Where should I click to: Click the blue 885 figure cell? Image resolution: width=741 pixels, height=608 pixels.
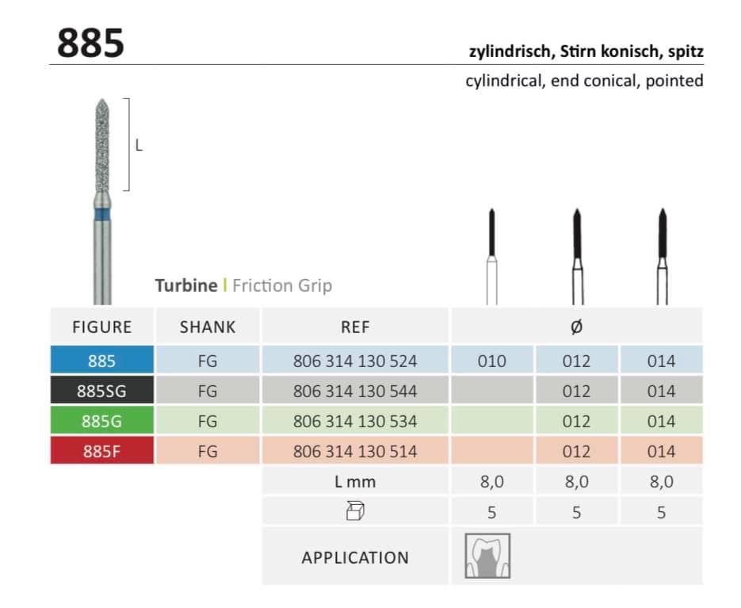pos(102,361)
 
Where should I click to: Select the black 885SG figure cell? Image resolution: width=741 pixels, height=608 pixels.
pos(102,391)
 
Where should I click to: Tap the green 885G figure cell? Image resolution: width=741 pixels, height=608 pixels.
pos(102,421)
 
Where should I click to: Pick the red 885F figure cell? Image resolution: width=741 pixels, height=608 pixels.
pos(102,451)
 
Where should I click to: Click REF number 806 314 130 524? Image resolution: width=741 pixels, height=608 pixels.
pos(355,361)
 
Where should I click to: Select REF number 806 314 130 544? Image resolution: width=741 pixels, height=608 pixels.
pos(355,391)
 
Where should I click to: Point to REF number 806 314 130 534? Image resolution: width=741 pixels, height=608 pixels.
pos(355,421)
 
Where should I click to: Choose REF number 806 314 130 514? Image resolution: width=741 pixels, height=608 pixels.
pos(355,451)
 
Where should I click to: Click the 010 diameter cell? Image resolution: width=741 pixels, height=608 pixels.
pos(492,361)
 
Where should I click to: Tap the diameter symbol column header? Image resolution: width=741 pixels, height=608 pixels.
pos(576,327)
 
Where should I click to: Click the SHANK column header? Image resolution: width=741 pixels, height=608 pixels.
pos(208,327)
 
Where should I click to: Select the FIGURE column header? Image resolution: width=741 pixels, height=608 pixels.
pos(102,327)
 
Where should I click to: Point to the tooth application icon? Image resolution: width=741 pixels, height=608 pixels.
pos(487,556)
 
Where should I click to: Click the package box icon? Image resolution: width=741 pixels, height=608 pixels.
pos(355,512)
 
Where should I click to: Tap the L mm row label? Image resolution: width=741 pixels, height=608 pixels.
pos(355,481)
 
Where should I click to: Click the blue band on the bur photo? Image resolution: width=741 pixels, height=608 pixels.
pos(101,213)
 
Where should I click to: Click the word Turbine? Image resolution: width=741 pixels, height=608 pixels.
pos(185,285)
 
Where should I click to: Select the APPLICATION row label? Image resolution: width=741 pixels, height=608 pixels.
pos(355,557)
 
